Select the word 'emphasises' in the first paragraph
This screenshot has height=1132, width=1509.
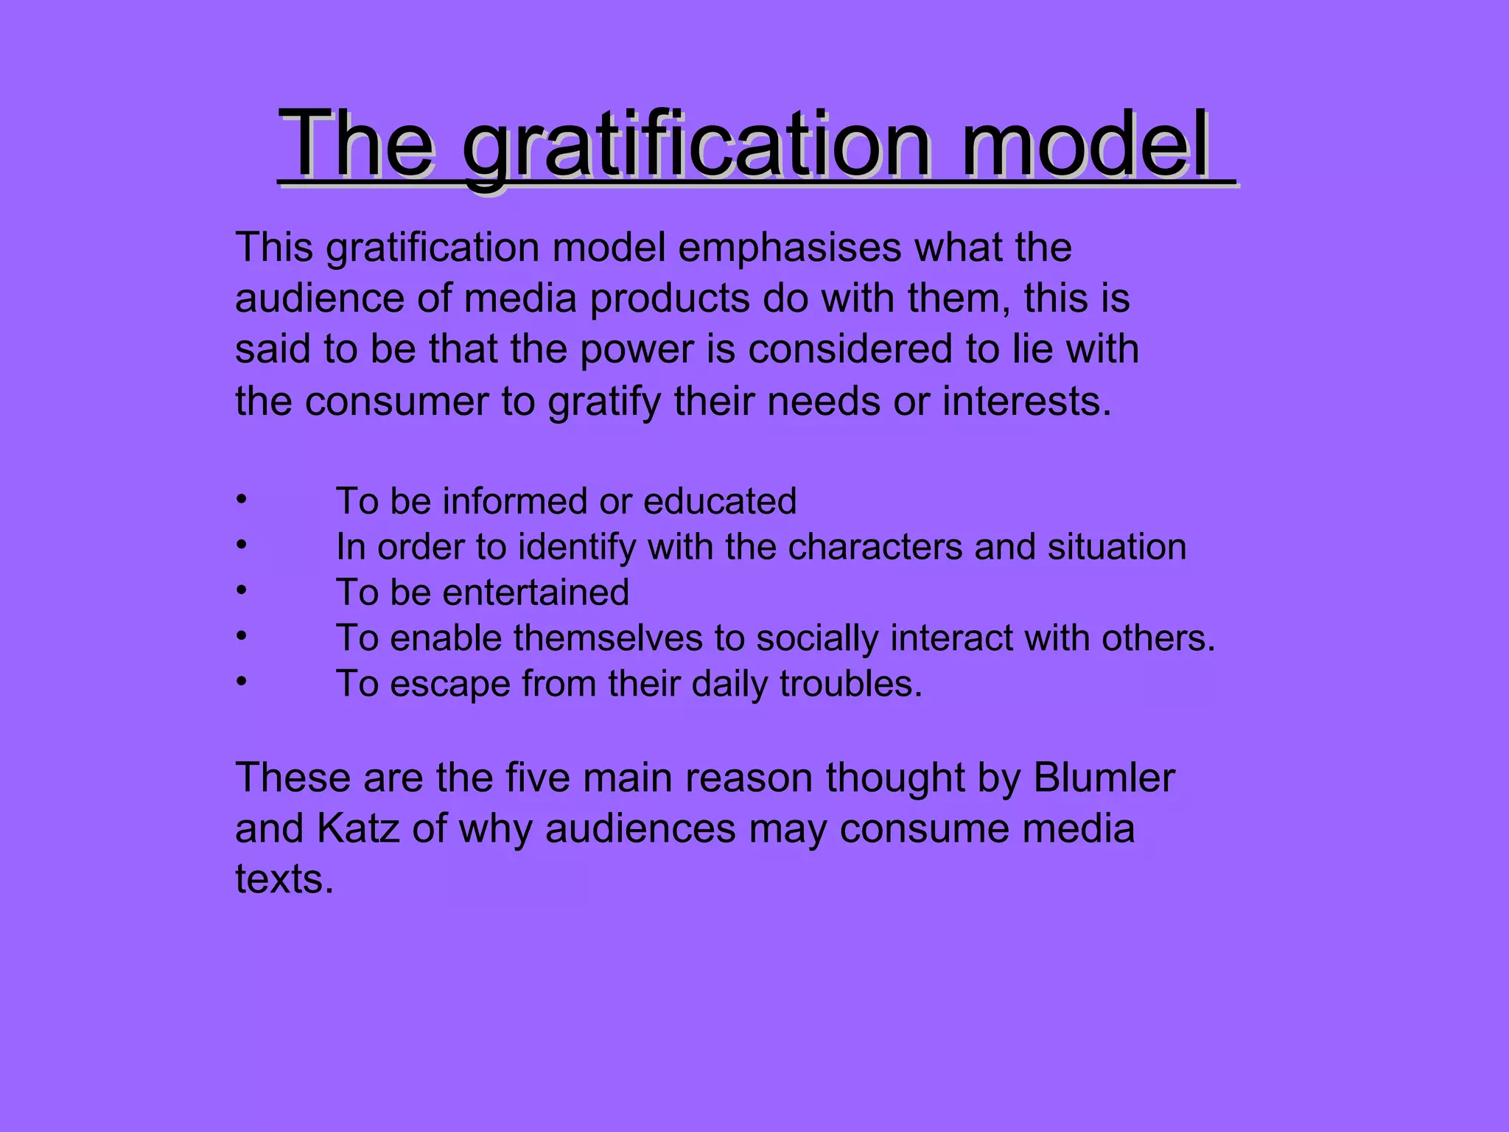coord(789,248)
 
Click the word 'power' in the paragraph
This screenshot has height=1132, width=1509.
coord(637,350)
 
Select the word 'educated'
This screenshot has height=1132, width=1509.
coord(720,502)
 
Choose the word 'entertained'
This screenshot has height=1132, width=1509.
coord(536,593)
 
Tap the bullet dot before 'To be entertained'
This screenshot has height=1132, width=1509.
coord(240,590)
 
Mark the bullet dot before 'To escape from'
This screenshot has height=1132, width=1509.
coord(240,682)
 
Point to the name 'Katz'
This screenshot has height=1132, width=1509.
coord(358,829)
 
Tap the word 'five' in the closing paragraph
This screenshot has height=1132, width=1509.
coord(537,778)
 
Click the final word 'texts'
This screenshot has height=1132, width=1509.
coord(284,880)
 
